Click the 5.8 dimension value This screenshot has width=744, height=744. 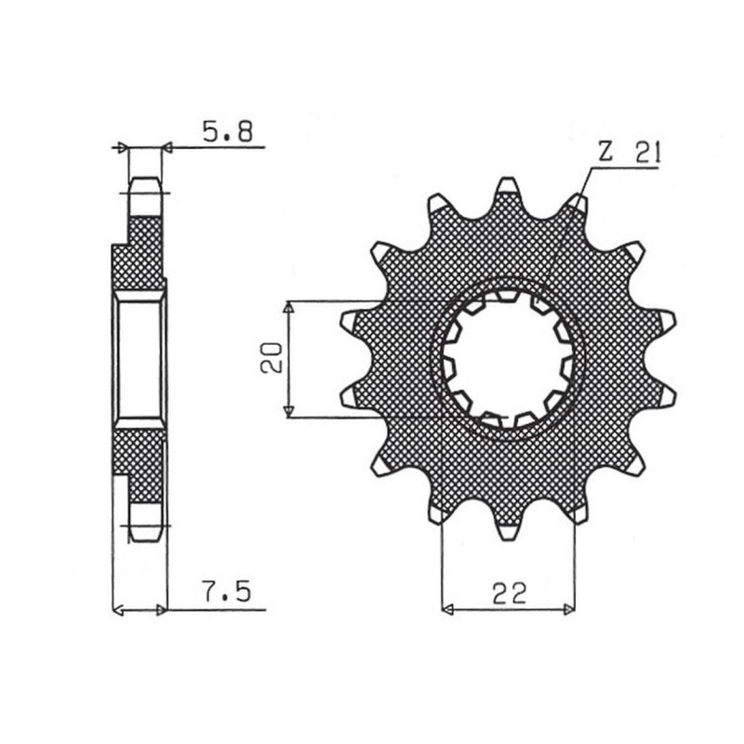click(225, 132)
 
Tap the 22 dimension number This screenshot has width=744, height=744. click(510, 592)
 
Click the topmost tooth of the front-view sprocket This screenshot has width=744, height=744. click(507, 189)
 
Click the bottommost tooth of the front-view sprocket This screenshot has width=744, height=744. click(507, 530)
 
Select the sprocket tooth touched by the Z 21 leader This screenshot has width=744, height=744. click(577, 204)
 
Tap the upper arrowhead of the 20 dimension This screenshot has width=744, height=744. click(290, 307)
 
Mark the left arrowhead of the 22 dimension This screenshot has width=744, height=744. click(447, 610)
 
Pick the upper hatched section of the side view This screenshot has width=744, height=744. click(139, 251)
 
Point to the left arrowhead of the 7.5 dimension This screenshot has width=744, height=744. click(117, 610)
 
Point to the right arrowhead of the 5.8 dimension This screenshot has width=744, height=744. click(167, 147)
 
